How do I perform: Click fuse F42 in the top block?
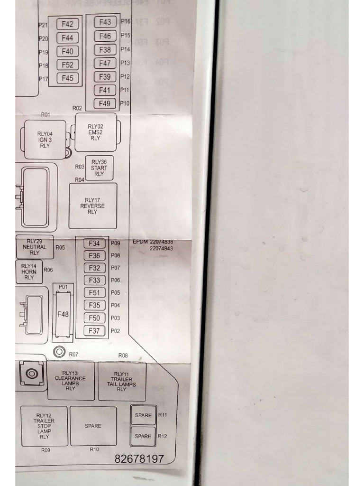coord(67,24)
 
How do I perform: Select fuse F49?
coord(105,103)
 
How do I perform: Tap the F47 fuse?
coord(105,63)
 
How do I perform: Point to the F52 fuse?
coord(67,65)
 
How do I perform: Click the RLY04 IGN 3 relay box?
coord(45,140)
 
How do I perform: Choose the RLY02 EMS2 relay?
coord(95,132)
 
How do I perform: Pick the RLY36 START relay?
coord(99,168)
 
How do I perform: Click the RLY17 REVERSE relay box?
coord(92,206)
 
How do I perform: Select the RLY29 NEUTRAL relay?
coord(35,247)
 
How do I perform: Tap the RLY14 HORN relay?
coord(29,271)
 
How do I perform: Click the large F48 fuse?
coord(63,314)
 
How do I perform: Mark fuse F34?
coord(94,243)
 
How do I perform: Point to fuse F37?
coord(94,331)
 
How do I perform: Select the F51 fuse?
coord(94,293)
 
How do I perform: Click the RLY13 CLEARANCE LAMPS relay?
coord(70,381)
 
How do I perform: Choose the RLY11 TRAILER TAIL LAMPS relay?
coord(122,382)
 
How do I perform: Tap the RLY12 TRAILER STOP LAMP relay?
coord(44,426)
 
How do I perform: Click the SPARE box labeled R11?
coord(143,415)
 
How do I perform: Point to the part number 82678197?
coord(139,459)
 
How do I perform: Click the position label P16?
coord(126,21)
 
